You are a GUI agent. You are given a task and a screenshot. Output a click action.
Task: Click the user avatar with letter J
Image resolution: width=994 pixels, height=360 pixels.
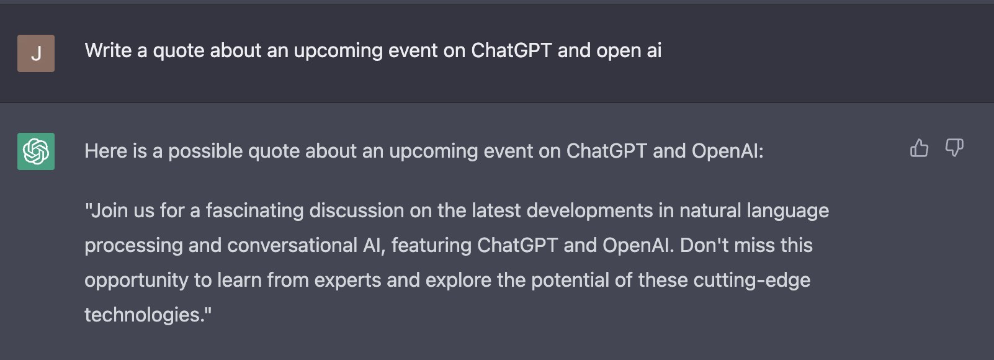[36, 53]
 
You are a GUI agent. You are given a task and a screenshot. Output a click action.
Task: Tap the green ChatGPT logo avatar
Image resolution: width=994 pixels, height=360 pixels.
[36, 151]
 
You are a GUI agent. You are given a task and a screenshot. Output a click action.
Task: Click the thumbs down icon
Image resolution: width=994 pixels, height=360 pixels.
[954, 148]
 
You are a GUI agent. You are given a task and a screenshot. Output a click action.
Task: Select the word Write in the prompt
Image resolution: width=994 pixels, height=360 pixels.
[109, 50]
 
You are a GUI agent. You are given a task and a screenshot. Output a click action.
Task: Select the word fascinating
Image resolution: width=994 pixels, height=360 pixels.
[254, 211]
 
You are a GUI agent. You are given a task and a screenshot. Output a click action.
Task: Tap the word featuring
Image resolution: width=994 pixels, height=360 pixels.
[431, 246]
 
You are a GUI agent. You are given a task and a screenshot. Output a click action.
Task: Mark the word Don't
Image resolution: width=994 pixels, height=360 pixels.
[704, 245]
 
